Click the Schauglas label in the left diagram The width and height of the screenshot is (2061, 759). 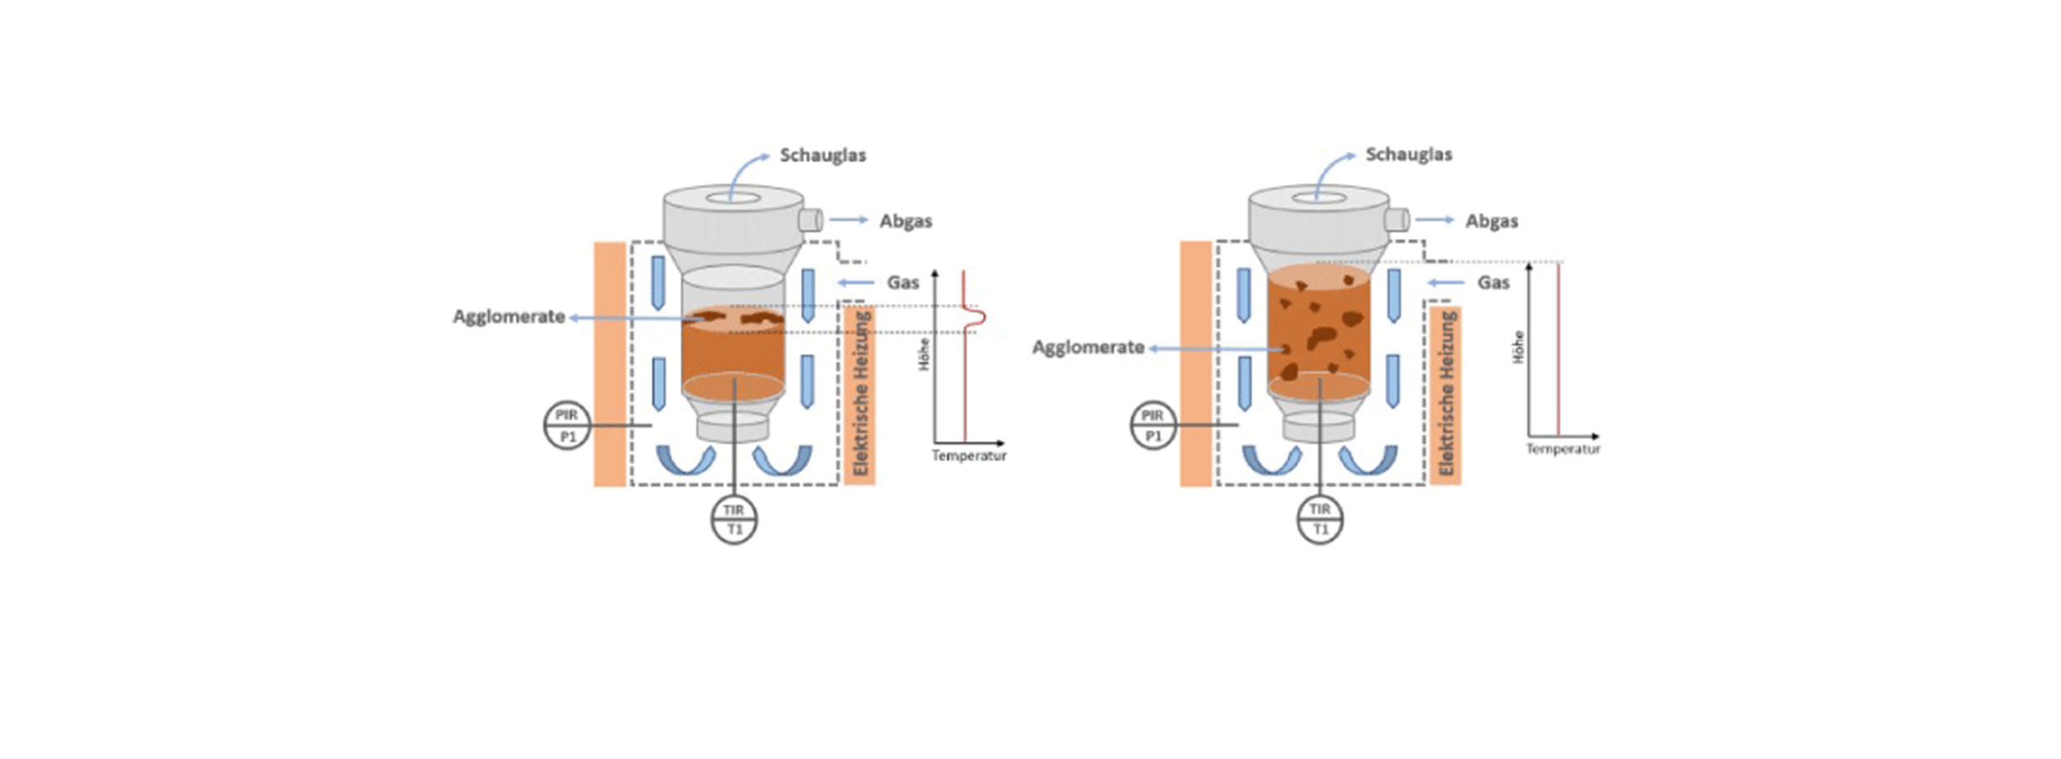pyautogui.click(x=822, y=155)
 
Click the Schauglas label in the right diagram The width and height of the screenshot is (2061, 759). pyautogui.click(x=1409, y=154)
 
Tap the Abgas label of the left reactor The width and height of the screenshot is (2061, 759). pyautogui.click(x=905, y=221)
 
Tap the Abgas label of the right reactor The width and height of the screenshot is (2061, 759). pyautogui.click(x=1491, y=221)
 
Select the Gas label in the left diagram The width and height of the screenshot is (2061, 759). pyautogui.click(x=903, y=283)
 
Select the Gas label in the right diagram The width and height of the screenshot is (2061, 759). pyautogui.click(x=1493, y=283)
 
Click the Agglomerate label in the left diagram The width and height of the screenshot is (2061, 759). pyautogui.click(x=509, y=317)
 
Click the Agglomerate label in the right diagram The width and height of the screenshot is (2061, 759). pyautogui.click(x=1087, y=348)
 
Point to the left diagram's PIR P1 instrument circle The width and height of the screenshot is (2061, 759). pyautogui.click(x=567, y=426)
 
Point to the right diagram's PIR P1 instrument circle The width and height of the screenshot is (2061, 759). pyautogui.click(x=1153, y=426)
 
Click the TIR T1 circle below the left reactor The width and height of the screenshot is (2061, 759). pyautogui.click(x=734, y=520)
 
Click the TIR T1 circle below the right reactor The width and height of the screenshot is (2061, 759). pyautogui.click(x=1320, y=520)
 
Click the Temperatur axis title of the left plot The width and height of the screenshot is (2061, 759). pyautogui.click(x=969, y=456)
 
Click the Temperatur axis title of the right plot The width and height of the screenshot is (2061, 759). pyautogui.click(x=1562, y=449)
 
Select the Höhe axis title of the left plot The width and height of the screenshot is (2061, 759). pyautogui.click(x=925, y=355)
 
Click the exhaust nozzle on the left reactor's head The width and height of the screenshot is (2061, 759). pyautogui.click(x=810, y=220)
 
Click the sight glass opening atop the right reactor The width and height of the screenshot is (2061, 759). pyautogui.click(x=1319, y=198)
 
